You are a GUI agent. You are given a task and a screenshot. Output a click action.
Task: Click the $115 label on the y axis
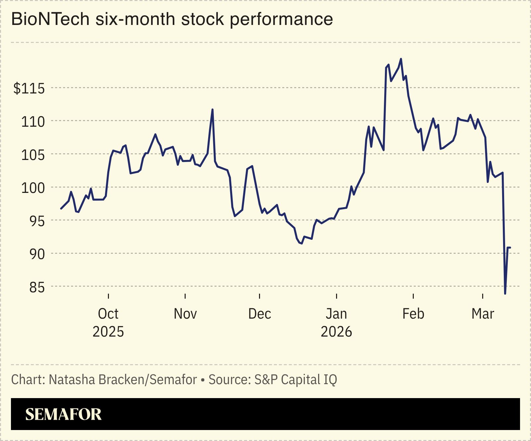coord(29,89)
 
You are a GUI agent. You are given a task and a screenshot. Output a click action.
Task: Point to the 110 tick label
coord(33,122)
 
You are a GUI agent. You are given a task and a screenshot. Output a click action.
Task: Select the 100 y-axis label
coord(33,188)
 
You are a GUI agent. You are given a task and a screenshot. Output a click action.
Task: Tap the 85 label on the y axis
coord(37,287)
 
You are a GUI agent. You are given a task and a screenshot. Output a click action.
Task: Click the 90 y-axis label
coord(37,254)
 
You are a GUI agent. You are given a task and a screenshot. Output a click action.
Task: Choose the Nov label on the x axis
coord(185,314)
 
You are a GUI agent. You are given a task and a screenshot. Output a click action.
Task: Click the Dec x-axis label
coord(260,314)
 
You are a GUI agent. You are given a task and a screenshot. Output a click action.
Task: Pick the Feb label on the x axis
coord(413,314)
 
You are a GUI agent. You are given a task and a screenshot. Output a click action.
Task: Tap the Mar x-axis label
coord(483,314)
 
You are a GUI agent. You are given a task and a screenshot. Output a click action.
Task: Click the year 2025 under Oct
coord(108,332)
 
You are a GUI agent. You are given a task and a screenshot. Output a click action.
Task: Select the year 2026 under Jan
coord(336,332)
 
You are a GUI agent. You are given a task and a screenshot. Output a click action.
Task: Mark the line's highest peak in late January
coord(401,59)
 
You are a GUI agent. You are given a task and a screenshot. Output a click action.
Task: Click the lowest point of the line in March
coord(505,293)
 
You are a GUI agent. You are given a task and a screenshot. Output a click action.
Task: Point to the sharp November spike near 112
coord(213,109)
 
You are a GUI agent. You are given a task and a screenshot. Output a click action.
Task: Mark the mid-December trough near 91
coord(301,243)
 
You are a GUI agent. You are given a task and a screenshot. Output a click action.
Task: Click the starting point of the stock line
coord(61,209)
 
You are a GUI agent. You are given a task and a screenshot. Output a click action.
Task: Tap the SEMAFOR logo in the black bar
coord(63,414)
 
